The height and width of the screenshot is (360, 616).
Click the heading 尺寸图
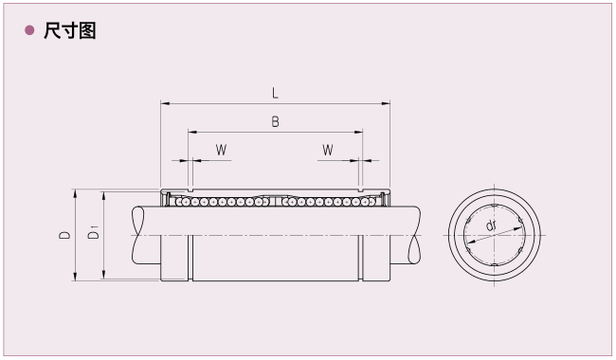tap(69, 30)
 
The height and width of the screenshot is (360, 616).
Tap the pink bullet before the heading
tap(29, 30)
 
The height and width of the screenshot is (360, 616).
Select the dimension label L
tap(275, 94)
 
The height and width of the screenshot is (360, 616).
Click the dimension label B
tap(275, 122)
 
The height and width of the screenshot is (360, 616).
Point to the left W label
tap(221, 150)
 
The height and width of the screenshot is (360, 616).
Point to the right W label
tap(328, 150)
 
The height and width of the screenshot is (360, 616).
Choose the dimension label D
tap(64, 235)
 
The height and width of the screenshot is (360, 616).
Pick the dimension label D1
tap(94, 232)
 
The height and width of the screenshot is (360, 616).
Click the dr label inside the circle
tap(491, 225)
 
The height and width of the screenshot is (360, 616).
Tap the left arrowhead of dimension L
tap(165, 103)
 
